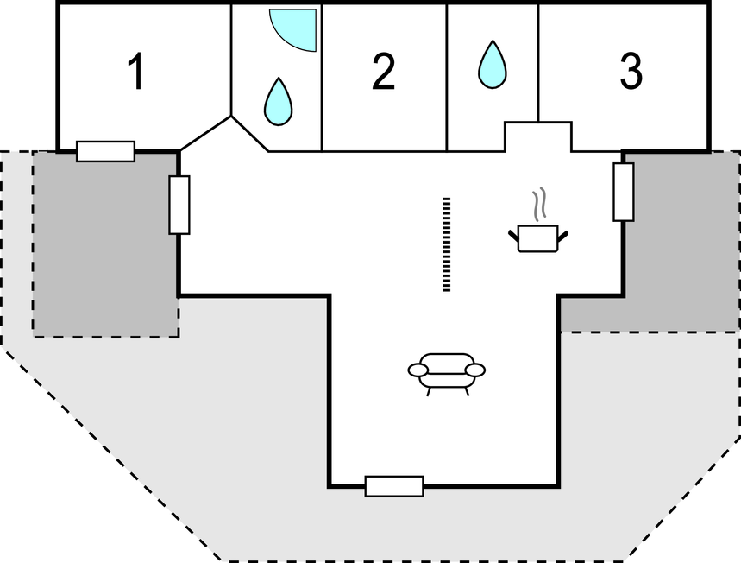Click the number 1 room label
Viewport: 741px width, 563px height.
pos(135,73)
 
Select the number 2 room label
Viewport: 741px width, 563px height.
pos(383,73)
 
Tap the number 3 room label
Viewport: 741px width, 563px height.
pos(631,73)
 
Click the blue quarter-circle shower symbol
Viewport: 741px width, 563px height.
pos(292,28)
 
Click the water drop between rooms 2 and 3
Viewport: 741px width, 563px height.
pos(492,64)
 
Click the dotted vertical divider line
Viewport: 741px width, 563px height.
pos(447,244)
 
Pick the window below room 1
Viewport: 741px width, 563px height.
pos(105,151)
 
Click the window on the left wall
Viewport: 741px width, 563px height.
pos(179,205)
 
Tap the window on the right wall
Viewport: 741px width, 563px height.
pos(624,191)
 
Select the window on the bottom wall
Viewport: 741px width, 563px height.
pos(394,486)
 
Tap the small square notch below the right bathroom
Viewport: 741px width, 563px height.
pos(537,136)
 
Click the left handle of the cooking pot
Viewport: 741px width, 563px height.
pos(514,233)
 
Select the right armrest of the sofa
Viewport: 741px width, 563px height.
pos(474,370)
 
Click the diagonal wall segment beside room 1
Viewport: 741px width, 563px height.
pos(204,133)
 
